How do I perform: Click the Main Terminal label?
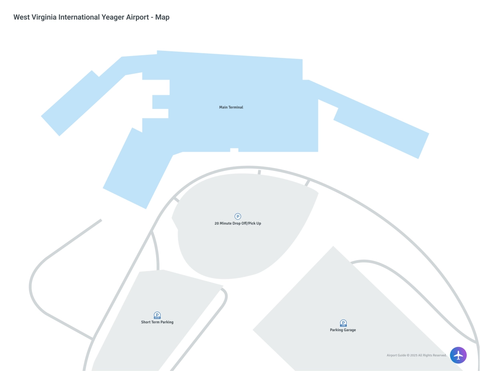point(231,107)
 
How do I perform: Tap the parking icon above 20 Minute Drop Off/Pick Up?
point(238,217)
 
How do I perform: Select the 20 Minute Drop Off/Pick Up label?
point(238,223)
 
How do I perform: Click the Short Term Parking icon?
point(157,315)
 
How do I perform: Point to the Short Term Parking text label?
point(157,322)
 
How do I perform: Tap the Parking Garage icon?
point(343,323)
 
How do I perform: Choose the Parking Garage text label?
point(343,330)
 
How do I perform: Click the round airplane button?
point(458,355)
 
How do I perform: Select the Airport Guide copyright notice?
point(416,355)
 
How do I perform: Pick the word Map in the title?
point(162,17)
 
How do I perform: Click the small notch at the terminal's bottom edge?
point(234,150)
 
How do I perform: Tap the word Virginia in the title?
point(44,17)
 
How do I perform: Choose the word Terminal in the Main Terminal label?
point(236,107)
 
